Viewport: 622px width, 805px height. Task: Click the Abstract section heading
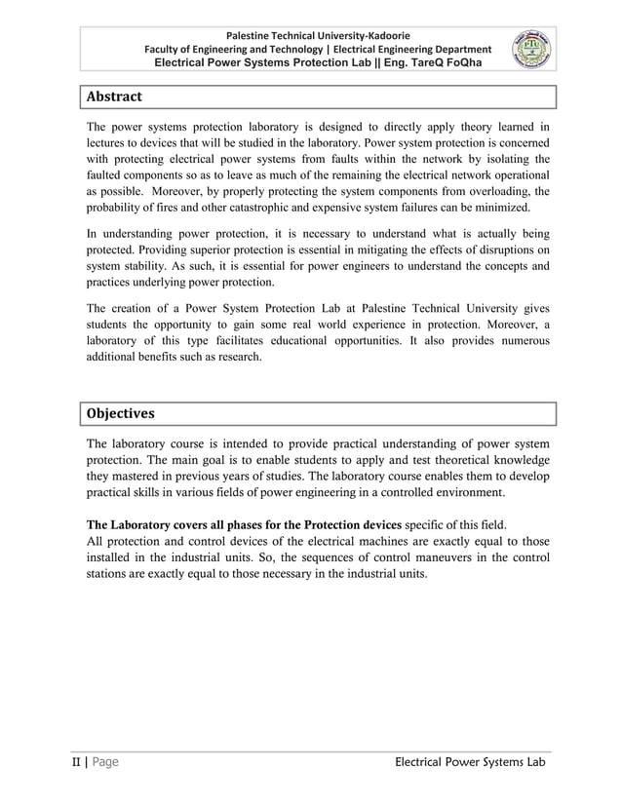coord(114,97)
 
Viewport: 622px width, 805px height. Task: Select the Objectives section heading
coord(121,413)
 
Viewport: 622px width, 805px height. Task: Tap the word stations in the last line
coord(109,573)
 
